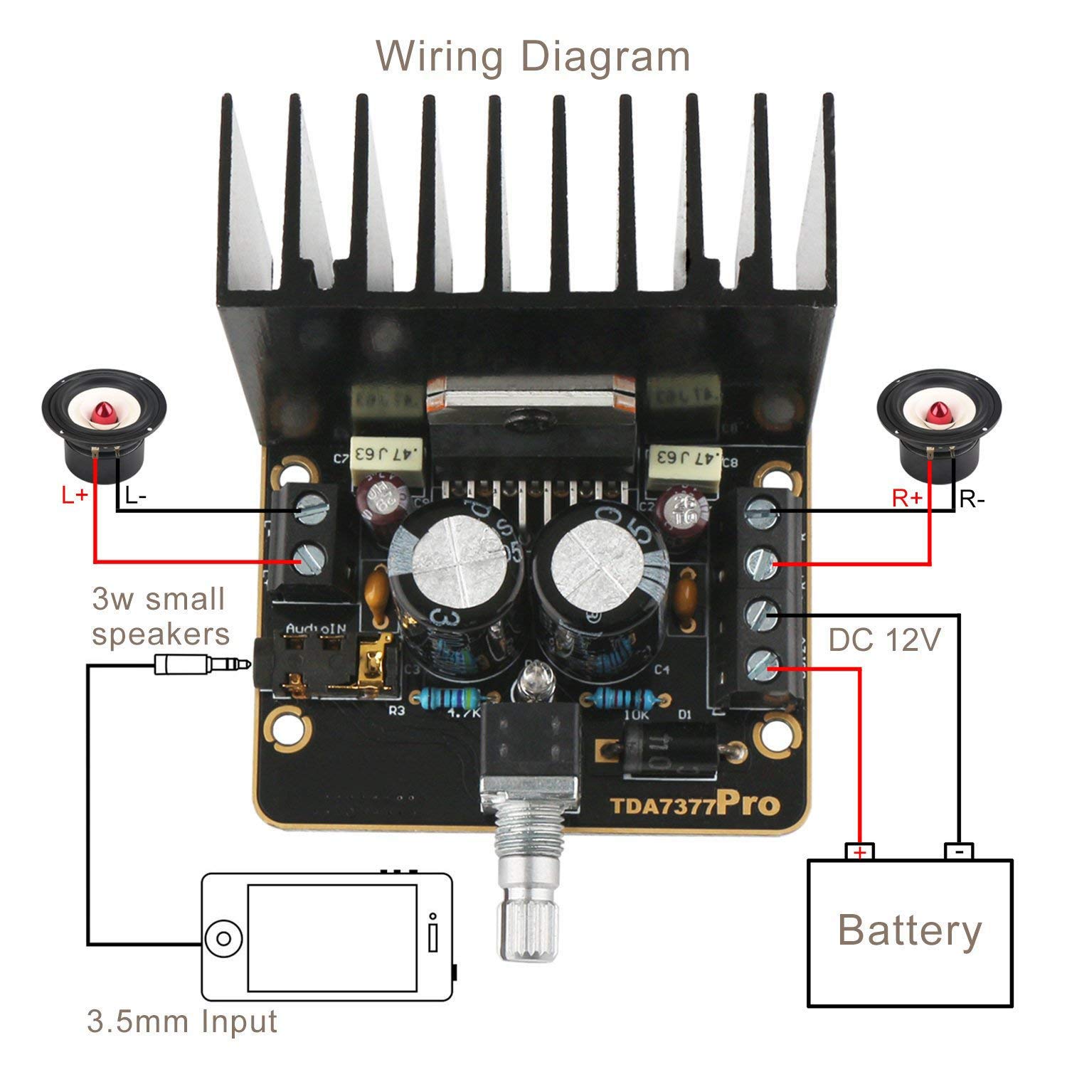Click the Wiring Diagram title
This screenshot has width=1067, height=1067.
(x=533, y=56)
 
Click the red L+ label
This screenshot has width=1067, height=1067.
(x=75, y=495)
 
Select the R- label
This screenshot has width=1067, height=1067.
(x=972, y=499)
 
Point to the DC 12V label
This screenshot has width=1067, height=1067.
(x=884, y=641)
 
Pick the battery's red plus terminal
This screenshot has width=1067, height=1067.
(x=860, y=851)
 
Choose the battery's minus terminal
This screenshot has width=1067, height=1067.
(x=959, y=851)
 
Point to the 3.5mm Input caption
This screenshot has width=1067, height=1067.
(x=181, y=1022)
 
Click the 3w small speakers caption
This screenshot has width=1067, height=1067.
(x=160, y=616)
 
